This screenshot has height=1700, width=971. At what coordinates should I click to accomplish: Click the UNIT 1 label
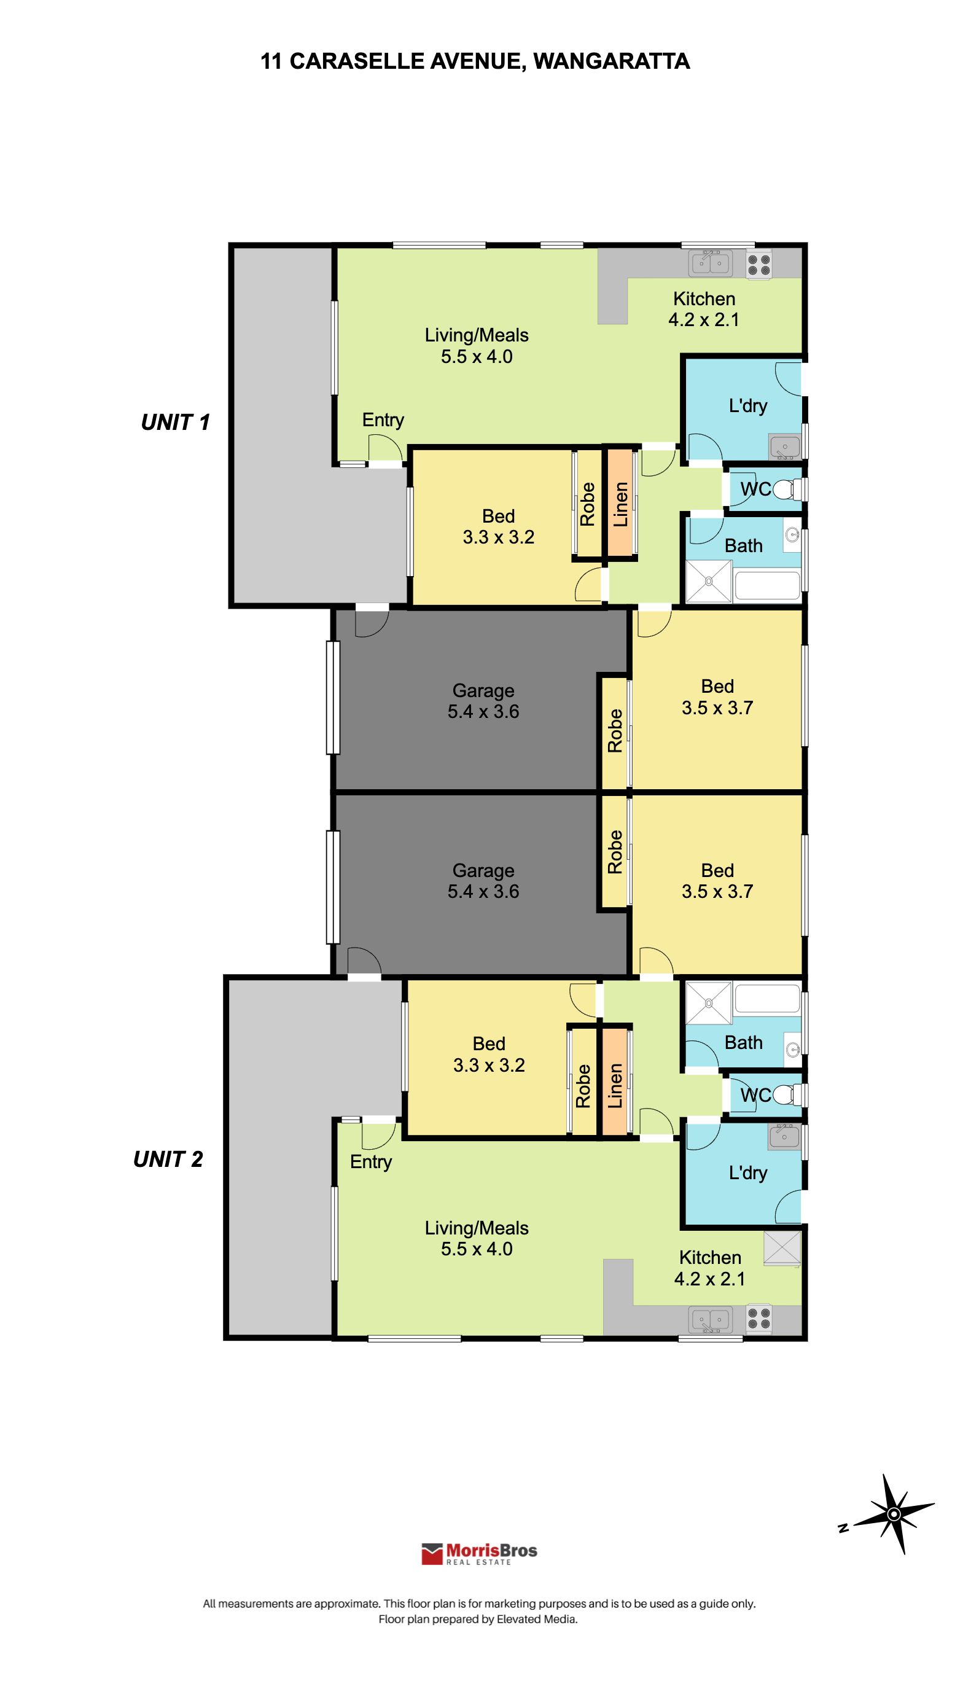176,422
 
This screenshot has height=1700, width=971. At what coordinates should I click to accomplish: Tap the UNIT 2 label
168,1160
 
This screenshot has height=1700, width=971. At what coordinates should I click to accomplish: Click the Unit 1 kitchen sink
710,263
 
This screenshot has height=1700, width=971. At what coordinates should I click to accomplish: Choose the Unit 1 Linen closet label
620,504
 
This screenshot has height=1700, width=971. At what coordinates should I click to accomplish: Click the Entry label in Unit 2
371,1162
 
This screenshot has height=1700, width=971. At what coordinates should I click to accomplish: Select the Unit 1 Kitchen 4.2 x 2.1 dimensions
704,320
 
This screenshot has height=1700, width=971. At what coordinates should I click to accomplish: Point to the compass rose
893,1514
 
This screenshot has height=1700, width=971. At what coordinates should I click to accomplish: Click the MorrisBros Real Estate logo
479,1553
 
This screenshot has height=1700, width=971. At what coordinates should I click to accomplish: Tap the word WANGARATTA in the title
612,61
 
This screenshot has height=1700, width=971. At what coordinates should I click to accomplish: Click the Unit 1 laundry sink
785,446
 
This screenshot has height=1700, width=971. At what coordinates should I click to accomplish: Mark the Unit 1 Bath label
744,546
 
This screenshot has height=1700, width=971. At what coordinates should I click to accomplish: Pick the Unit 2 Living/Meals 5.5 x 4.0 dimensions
477,1249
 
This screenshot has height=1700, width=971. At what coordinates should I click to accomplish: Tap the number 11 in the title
271,61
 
